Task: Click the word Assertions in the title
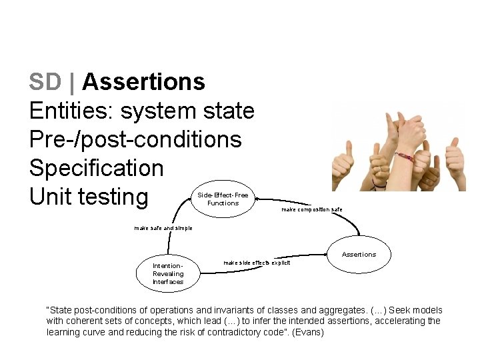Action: [143, 82]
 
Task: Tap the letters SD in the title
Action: [45, 82]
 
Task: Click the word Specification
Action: [96, 168]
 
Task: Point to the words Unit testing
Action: [89, 197]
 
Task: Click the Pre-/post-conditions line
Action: [135, 139]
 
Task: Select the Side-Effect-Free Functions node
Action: [223, 199]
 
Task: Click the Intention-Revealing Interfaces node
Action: [168, 273]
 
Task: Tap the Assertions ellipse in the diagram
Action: [359, 254]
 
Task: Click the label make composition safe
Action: [311, 209]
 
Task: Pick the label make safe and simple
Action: [163, 228]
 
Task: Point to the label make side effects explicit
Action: [257, 263]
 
